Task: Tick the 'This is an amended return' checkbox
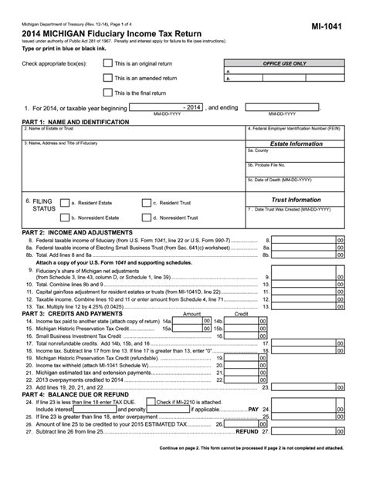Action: pos(108,78)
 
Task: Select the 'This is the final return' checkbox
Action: pos(108,93)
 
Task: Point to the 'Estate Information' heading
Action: pos(295,143)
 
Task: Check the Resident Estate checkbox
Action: pos(64,203)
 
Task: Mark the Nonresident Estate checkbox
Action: pos(64,218)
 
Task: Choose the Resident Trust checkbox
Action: pos(147,203)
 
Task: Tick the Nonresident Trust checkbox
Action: pos(147,218)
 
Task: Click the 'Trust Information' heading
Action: pos(295,198)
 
